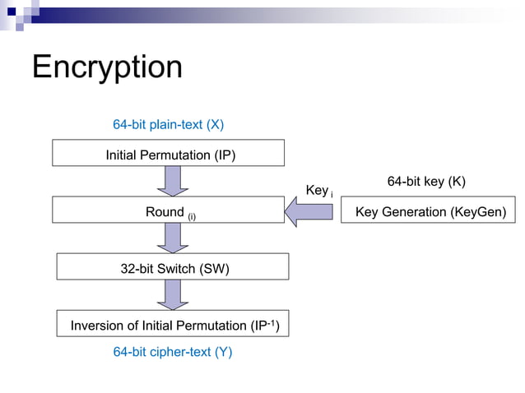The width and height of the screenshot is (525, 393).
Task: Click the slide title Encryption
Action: [107, 67]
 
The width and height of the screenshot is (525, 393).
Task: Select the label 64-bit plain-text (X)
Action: [168, 125]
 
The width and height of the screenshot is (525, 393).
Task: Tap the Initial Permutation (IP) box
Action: [169, 154]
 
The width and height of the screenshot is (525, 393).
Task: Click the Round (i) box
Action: [169, 210]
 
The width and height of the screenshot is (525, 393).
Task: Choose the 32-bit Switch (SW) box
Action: [173, 267]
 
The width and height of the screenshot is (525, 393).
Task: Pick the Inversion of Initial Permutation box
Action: [173, 325]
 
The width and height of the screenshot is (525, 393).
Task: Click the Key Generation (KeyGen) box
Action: [427, 210]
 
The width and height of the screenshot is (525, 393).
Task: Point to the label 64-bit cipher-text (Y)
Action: [173, 352]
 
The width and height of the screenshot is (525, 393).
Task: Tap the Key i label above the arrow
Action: [318, 191]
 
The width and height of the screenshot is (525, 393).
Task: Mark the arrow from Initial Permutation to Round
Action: [173, 182]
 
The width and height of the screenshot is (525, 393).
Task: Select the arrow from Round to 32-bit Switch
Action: [173, 238]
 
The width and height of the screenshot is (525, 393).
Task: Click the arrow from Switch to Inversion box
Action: [173, 295]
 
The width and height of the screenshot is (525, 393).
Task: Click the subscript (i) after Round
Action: [191, 215]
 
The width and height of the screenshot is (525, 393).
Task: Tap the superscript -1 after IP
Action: [272, 321]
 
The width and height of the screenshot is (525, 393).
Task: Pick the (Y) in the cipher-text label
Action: [222, 352]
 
